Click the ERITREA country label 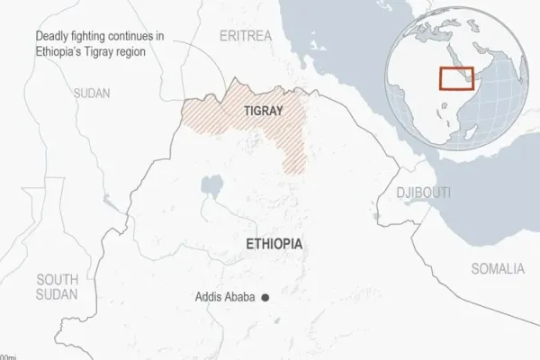coord(246,35)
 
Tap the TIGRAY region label coord(264,111)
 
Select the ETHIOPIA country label coord(274,244)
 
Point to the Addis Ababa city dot coord(265,298)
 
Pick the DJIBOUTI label coord(424,193)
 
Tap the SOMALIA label coord(498,268)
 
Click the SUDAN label coord(92,93)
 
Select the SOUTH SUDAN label coord(58,286)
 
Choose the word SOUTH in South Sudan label coord(58,278)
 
